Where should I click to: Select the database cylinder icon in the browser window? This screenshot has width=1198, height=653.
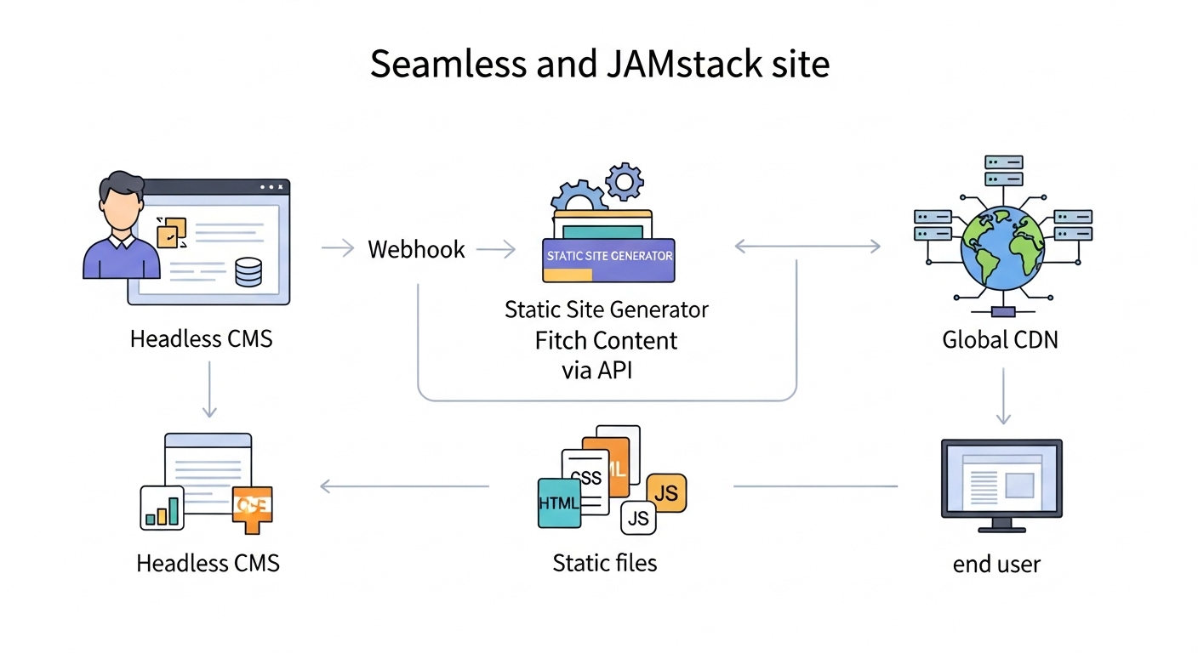point(248,272)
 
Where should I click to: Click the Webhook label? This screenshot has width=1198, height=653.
point(416,249)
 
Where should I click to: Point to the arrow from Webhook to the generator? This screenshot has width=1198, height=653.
point(495,249)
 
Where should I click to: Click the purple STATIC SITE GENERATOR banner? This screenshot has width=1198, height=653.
point(608,255)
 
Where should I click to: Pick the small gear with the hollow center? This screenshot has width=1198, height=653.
point(625,180)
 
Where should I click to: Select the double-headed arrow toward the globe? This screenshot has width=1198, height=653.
point(807,247)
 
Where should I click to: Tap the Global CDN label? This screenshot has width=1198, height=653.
point(1001,340)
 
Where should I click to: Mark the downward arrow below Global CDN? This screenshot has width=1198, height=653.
point(1003,395)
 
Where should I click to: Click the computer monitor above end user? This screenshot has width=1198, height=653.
point(1001,480)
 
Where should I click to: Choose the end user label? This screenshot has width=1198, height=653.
point(996,564)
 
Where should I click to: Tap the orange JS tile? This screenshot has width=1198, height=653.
point(666,493)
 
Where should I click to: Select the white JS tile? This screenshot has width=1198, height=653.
point(638,517)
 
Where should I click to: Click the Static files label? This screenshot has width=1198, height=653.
point(604,562)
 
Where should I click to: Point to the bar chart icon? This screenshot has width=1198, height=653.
point(162,508)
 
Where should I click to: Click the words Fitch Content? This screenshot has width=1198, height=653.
point(606,341)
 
